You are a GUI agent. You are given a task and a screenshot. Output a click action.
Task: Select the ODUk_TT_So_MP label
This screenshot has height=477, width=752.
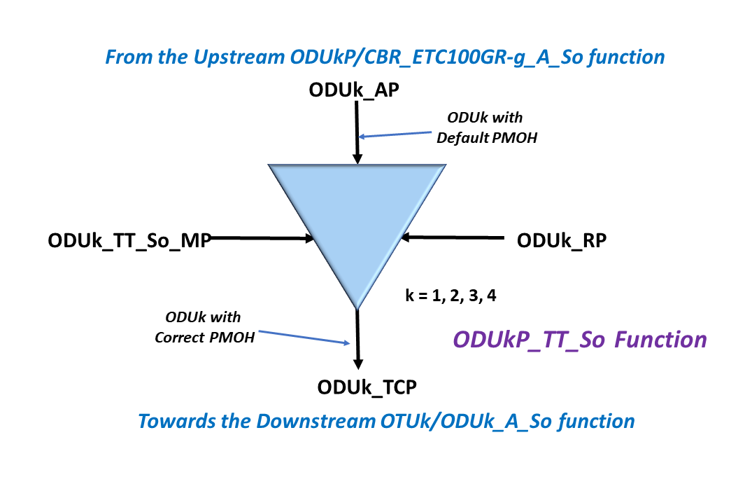pyautogui.click(x=129, y=240)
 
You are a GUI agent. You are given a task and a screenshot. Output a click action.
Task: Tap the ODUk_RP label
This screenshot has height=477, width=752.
pyautogui.click(x=562, y=240)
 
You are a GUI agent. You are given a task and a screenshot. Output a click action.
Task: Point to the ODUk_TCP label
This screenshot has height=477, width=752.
pyautogui.click(x=360, y=386)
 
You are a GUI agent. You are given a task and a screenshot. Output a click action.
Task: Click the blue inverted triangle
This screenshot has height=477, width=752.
pyautogui.click(x=357, y=217)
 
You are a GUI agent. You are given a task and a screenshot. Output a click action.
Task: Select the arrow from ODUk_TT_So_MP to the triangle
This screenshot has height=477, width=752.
pyautogui.click(x=262, y=239)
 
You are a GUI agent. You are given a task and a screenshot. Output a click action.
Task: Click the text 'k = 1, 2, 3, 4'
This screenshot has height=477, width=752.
pyautogui.click(x=451, y=295)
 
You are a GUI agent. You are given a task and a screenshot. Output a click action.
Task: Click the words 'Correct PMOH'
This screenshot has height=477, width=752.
pyautogui.click(x=205, y=338)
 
